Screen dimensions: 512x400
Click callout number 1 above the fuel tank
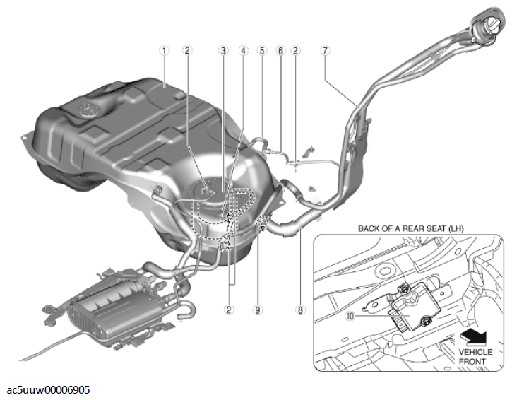pos(165,51)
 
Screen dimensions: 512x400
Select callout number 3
pos(223,51)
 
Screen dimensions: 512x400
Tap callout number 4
pos(243,51)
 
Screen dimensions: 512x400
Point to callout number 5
pos(262,51)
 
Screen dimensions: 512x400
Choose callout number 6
pos(280,51)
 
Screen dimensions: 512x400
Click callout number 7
pos(325,51)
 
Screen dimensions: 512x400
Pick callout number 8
pos(300,310)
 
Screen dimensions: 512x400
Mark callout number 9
pos(258,310)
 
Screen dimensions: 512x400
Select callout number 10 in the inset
pos(350,316)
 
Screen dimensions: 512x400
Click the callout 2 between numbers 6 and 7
pos(295,51)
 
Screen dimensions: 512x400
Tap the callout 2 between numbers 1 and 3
pos(187,51)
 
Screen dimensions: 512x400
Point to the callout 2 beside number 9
pos(229,310)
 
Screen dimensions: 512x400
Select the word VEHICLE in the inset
pos(475,352)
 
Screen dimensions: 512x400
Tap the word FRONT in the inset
pos(472,362)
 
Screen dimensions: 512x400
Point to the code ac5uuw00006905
pos(48,390)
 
